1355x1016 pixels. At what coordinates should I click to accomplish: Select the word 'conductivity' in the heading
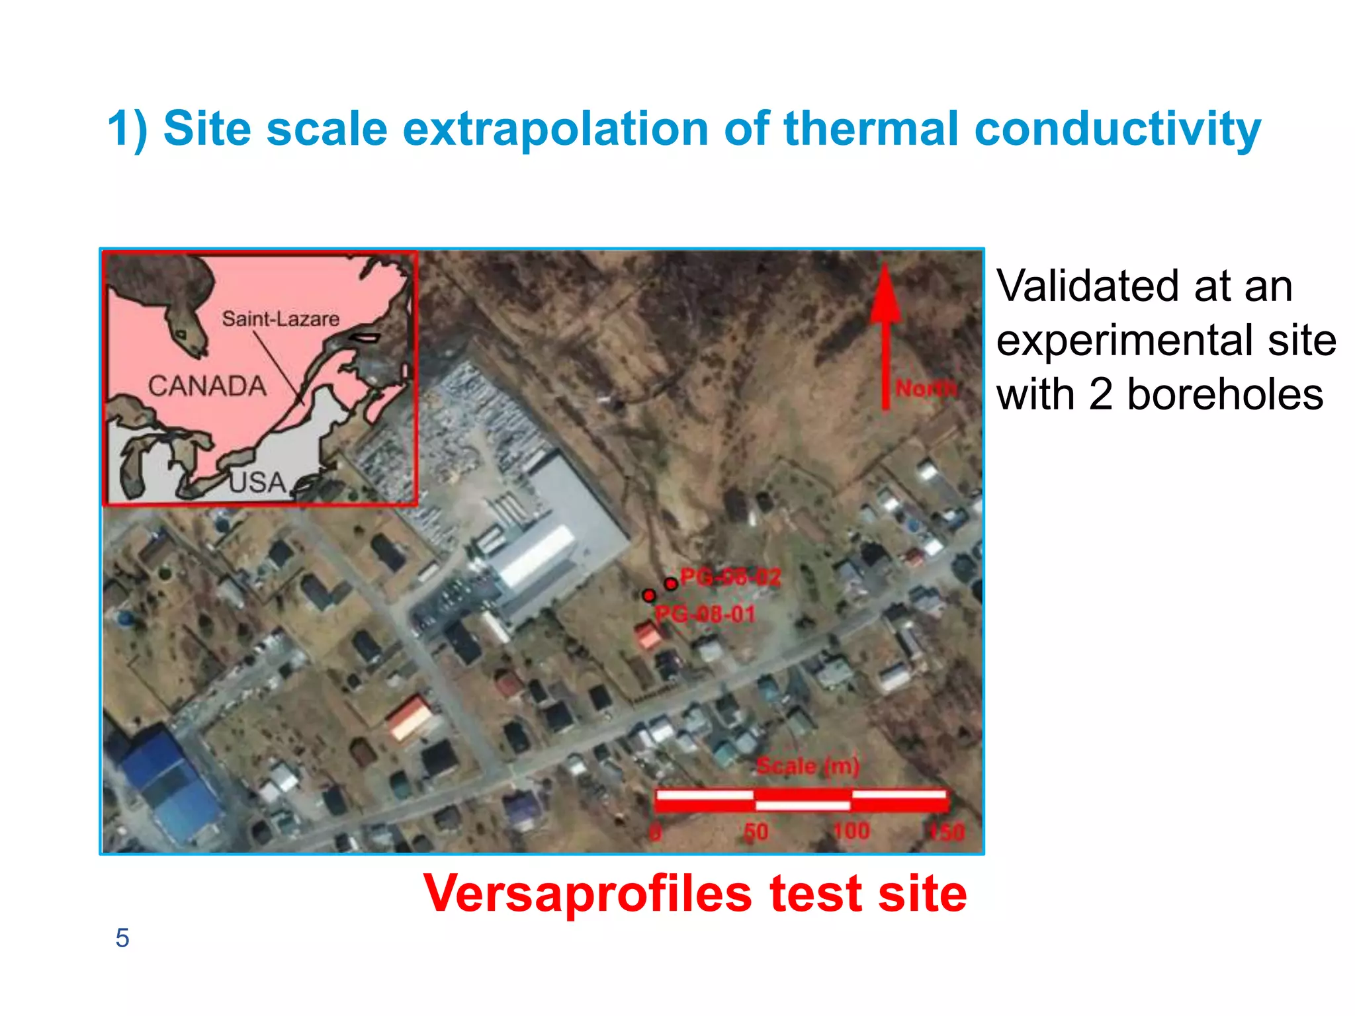(x=1117, y=129)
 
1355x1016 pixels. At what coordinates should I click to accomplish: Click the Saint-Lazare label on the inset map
(x=281, y=319)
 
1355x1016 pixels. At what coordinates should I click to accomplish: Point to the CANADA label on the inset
(x=207, y=386)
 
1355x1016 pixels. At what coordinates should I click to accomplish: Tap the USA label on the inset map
(x=257, y=482)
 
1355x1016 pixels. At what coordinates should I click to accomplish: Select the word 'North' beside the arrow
(x=926, y=388)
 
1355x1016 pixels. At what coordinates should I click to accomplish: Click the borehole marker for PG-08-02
(x=671, y=584)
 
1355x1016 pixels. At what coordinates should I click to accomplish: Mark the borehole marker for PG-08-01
(x=649, y=595)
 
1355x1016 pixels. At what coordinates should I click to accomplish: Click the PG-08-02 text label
(x=731, y=577)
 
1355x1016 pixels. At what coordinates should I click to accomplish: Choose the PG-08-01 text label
(x=705, y=614)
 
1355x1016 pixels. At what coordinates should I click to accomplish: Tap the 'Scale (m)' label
(x=808, y=766)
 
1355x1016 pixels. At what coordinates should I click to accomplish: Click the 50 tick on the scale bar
(x=756, y=831)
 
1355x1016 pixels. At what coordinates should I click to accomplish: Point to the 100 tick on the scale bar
(x=851, y=831)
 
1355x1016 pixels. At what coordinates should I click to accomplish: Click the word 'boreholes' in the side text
(x=1225, y=395)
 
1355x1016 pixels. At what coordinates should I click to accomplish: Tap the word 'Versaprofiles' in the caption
(x=587, y=894)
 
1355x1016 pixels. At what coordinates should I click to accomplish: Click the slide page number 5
(x=122, y=938)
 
